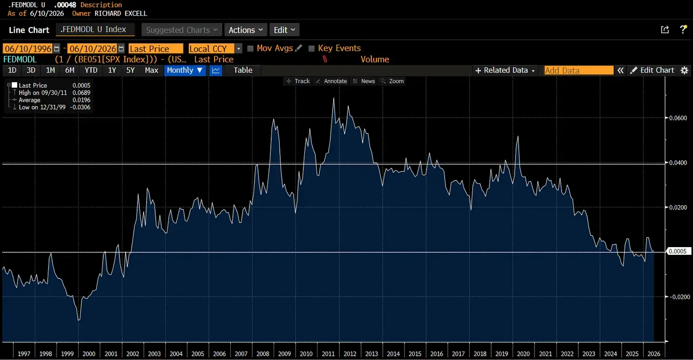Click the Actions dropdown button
point(246,30)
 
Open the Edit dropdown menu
point(284,30)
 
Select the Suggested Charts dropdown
point(182,30)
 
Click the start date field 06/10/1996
point(28,49)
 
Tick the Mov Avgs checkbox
point(250,49)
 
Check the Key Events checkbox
point(312,49)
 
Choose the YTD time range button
point(91,70)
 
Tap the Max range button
point(151,70)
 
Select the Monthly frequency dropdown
point(185,70)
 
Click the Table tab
point(243,70)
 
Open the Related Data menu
point(505,70)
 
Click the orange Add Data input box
point(579,70)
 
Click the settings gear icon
point(684,70)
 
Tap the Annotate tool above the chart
point(331,81)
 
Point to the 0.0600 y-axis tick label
point(678,118)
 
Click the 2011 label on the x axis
point(328,353)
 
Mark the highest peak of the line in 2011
point(334,98)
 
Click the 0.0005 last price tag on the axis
point(678,251)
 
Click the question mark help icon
point(683,30)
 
